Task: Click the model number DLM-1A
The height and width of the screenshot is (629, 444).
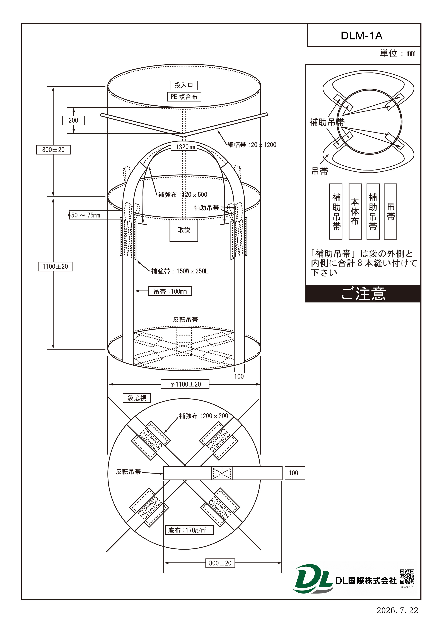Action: click(x=361, y=36)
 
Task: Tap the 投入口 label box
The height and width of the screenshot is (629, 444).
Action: click(x=184, y=85)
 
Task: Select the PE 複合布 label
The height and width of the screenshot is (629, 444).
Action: click(x=184, y=97)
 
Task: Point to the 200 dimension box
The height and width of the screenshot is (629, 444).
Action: click(x=73, y=120)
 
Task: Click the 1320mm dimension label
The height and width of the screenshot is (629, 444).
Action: click(x=185, y=147)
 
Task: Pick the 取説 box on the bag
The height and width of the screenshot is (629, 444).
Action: click(x=184, y=230)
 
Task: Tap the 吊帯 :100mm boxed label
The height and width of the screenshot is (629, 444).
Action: click(x=170, y=291)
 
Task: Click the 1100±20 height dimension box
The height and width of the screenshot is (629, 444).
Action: click(x=55, y=266)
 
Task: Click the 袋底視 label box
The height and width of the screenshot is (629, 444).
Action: click(x=137, y=398)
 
